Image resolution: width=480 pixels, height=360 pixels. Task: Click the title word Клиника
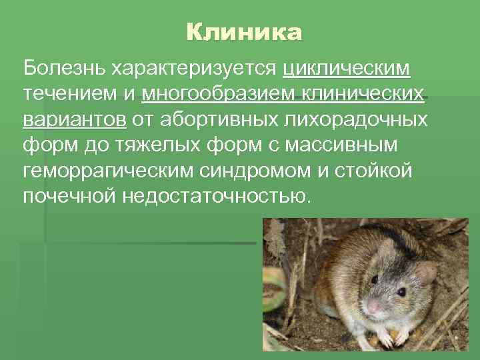[244, 32]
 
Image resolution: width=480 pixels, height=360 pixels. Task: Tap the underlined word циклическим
[347, 69]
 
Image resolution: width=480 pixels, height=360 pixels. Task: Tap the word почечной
[69, 197]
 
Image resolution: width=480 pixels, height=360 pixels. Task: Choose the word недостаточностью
[215, 197]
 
